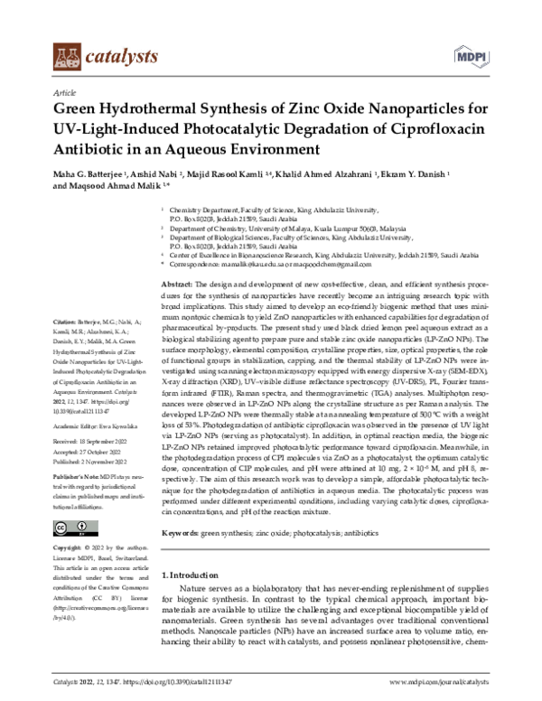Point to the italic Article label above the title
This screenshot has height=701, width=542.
pos(65,93)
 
